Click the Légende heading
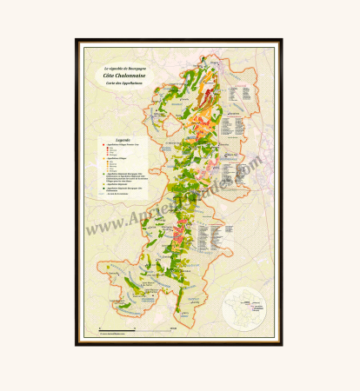click(x=111, y=139)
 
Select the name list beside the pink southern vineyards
click(x=211, y=235)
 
